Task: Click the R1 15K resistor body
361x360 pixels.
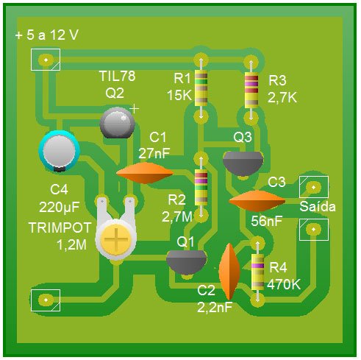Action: [201, 88]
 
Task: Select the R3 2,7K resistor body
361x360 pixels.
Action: [251, 90]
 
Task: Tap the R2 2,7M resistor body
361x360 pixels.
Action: [201, 188]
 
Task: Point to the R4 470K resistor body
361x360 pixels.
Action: [257, 272]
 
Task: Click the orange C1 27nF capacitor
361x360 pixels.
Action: [145, 173]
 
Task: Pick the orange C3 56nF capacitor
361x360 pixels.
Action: [257, 201]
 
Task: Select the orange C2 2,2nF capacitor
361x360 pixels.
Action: [229, 272]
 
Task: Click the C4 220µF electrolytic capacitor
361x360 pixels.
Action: [60, 151]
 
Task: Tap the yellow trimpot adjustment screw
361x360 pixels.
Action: [116, 239]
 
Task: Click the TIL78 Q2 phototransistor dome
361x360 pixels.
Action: [118, 123]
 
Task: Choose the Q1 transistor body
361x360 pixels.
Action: [187, 262]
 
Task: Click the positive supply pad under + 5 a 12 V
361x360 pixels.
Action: [46, 60]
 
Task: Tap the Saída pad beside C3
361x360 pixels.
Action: [314, 187]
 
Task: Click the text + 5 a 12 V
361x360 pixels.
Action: [46, 35]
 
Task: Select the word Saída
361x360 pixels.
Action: [318, 206]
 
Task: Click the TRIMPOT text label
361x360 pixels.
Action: [60, 227]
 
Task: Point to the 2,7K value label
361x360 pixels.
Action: [282, 98]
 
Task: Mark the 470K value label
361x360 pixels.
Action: [284, 285]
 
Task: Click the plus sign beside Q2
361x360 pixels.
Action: [134, 109]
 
